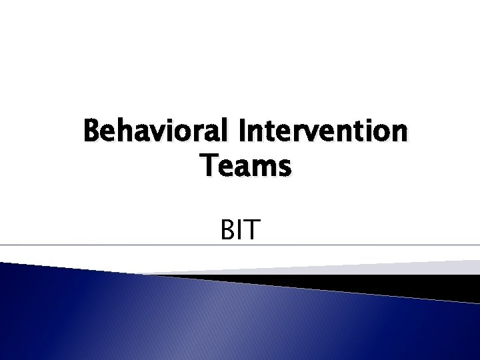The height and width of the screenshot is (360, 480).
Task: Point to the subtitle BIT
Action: pos(239,231)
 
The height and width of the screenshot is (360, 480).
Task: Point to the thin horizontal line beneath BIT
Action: pos(133,245)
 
